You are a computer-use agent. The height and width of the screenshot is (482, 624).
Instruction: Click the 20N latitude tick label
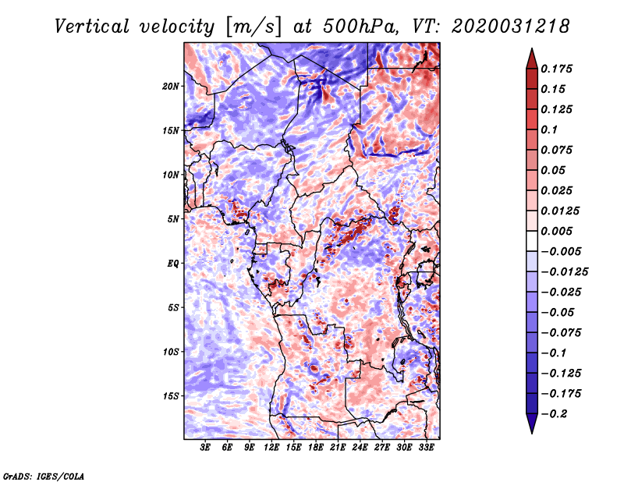pyautogui.click(x=171, y=86)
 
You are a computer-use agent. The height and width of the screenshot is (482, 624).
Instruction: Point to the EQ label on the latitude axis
pyautogui.click(x=173, y=264)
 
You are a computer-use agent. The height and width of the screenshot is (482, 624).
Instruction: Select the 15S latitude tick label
pyautogui.click(x=171, y=396)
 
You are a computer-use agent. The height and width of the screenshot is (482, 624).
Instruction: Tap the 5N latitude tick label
pyautogui.click(x=173, y=219)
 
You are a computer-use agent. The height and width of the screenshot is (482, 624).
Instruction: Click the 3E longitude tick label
pyautogui.click(x=206, y=448)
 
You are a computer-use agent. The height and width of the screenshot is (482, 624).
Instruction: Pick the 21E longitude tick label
pyautogui.click(x=339, y=448)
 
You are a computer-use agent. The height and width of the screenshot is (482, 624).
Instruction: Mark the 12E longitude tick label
pyautogui.click(x=271, y=448)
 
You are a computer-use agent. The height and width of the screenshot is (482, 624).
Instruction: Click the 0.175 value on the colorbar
pyautogui.click(x=558, y=69)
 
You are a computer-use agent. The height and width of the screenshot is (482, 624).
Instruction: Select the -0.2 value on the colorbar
pyautogui.click(x=555, y=414)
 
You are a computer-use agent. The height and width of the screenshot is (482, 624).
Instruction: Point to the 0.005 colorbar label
pyautogui.click(x=558, y=232)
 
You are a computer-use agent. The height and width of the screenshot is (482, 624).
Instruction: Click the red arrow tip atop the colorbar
pyautogui.click(x=530, y=54)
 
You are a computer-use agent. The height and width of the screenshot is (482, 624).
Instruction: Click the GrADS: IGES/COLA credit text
pyautogui.click(x=44, y=475)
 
